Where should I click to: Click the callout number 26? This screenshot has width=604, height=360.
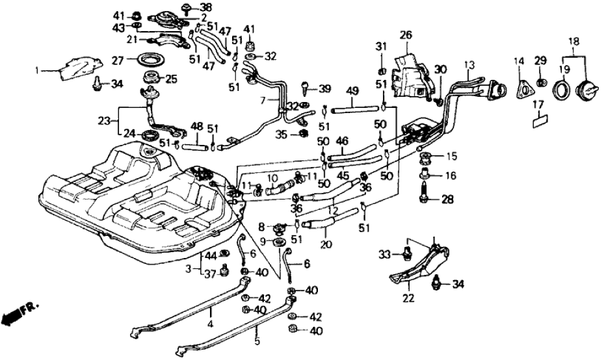click(406, 35)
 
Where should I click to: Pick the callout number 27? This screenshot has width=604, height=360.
click(117, 60)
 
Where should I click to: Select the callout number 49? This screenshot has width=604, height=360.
click(352, 90)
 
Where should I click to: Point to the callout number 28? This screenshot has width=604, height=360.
click(447, 199)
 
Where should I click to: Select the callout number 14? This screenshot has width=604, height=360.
click(519, 62)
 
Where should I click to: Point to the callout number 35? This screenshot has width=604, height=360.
click(281, 135)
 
